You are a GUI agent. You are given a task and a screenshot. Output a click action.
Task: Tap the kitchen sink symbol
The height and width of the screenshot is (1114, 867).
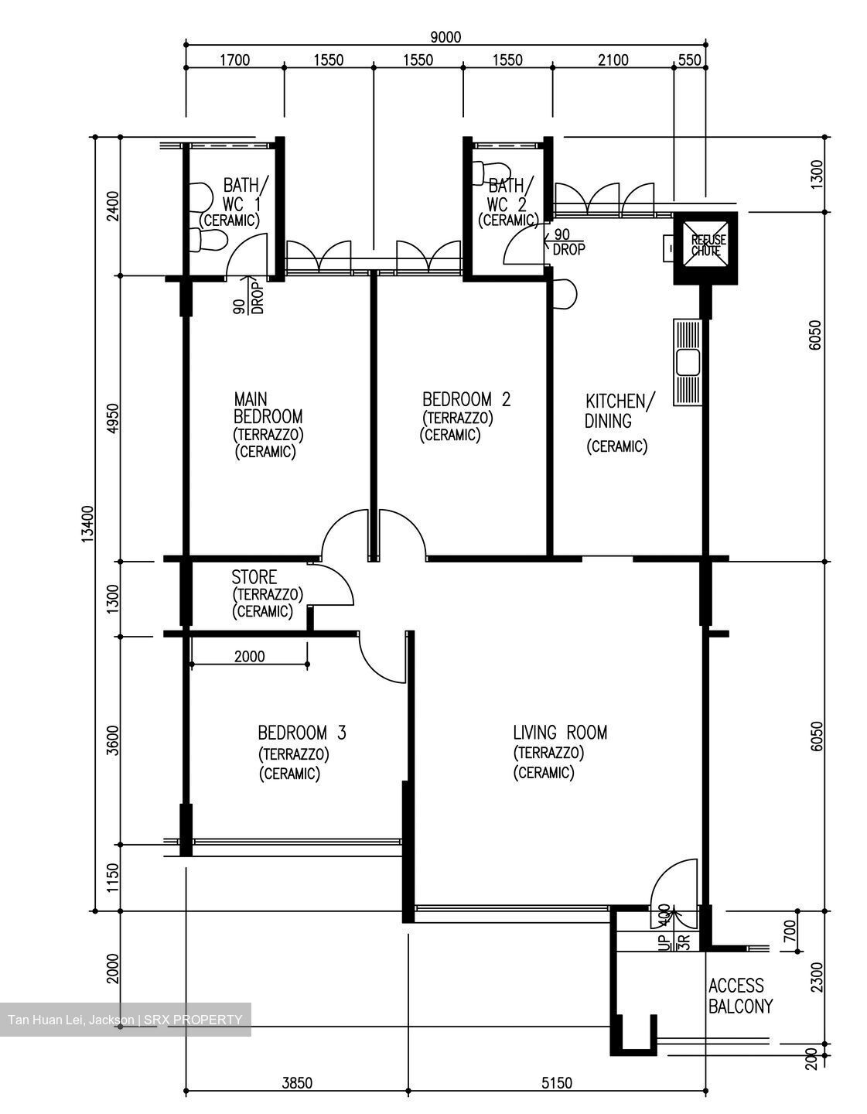point(688,362)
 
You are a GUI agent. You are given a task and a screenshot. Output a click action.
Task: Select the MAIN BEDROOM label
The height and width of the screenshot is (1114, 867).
point(268,425)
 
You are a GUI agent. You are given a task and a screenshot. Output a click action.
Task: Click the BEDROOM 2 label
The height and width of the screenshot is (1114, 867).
point(466,400)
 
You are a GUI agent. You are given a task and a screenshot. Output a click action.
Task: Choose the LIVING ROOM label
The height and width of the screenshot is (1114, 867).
point(560,732)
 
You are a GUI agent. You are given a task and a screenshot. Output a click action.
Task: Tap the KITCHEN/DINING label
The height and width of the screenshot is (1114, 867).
point(620,411)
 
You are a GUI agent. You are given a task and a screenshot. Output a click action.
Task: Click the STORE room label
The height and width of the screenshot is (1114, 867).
point(254,577)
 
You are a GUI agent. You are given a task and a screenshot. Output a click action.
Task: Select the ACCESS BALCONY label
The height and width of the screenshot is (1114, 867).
point(740,996)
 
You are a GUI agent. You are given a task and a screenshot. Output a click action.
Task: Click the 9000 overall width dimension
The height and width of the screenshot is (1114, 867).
point(445,36)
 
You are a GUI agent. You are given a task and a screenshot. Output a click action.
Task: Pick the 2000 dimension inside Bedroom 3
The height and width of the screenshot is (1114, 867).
point(249,657)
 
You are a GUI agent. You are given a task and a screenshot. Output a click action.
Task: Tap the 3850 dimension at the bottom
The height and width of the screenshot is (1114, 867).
point(296,1083)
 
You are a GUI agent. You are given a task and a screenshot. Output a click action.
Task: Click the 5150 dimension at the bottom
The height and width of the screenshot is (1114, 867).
point(556,1083)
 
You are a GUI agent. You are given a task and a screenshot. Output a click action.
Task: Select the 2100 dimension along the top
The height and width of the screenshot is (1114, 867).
point(613,60)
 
